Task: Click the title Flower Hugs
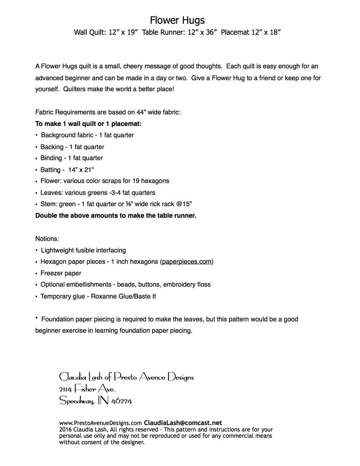click(177, 20)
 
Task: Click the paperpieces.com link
click(186, 262)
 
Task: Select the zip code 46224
click(122, 401)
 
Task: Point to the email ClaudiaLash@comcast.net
click(183, 423)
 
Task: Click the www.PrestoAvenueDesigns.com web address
click(100, 423)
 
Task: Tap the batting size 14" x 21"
click(81, 170)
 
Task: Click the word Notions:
click(47, 239)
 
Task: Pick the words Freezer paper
click(61, 273)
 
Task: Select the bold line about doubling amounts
click(116, 216)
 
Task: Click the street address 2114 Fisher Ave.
click(87, 389)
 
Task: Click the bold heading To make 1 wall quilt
click(88, 124)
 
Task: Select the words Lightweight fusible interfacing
click(84, 250)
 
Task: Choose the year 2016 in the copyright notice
click(66, 430)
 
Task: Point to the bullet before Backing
click(37, 147)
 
